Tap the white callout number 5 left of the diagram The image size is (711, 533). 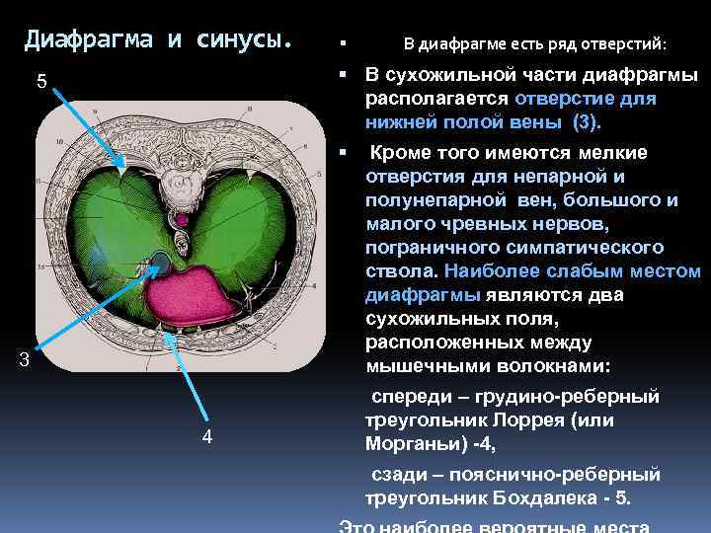41,81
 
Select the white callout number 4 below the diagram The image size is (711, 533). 207,437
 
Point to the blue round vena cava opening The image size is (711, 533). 158,263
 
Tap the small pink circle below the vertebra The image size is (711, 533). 182,218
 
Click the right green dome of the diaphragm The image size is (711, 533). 262,227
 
